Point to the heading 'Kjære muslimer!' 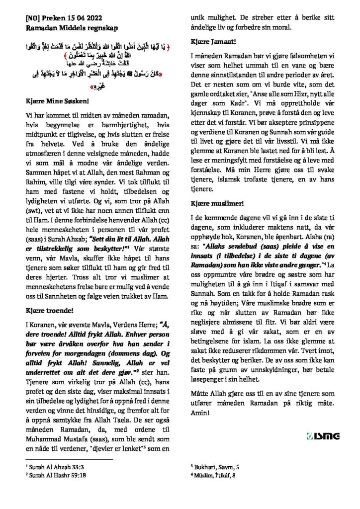pos(217,203)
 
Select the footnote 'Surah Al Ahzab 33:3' pos(52,467)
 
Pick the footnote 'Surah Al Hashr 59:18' pos(53,476)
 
